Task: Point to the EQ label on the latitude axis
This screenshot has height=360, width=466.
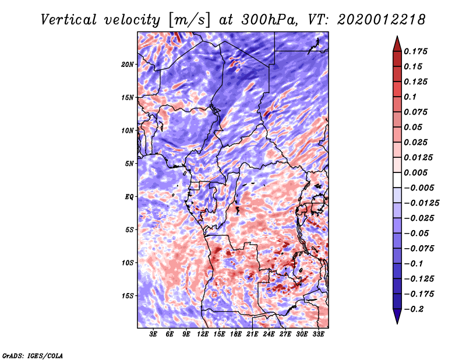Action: (x=129, y=196)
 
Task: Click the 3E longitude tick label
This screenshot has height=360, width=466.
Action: (x=154, y=335)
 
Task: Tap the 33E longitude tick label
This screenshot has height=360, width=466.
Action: (x=319, y=335)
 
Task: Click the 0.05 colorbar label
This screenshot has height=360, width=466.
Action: (x=414, y=128)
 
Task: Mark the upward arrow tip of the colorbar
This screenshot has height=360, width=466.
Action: (x=396, y=38)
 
